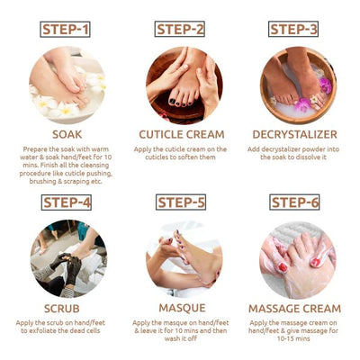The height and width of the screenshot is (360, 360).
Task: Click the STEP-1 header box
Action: click(67, 29)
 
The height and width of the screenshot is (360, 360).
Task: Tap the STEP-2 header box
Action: click(180, 29)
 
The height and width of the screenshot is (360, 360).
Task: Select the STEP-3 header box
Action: click(293, 29)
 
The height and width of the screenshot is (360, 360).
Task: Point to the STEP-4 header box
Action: click(67, 202)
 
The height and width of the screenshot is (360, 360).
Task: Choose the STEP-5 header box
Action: click(180, 202)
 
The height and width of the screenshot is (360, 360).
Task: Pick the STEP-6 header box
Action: click(293, 202)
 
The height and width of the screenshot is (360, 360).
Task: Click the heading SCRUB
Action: click(67, 308)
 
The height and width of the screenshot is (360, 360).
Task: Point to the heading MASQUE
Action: click(180, 308)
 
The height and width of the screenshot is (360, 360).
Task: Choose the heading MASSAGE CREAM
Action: click(293, 308)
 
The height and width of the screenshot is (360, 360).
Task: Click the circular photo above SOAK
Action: click(67, 85)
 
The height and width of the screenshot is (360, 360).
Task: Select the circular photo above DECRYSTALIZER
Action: click(293, 85)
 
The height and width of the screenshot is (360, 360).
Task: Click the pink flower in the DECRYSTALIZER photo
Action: click(324, 86)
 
